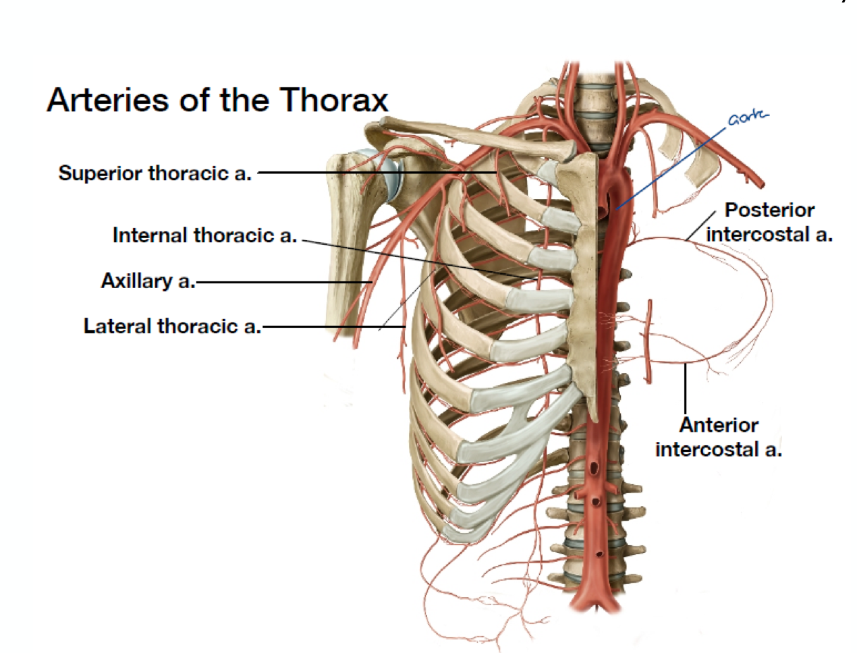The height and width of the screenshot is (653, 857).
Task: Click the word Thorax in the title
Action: coord(334,100)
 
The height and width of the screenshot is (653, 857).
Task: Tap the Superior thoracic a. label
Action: coord(155,173)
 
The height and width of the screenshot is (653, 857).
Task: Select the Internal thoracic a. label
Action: coord(204,235)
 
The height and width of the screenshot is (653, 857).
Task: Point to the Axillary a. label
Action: coord(148,281)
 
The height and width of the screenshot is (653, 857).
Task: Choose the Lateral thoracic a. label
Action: coord(172,326)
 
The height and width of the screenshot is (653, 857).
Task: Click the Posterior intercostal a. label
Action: coord(769,222)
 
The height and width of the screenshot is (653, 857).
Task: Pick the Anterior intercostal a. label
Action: coord(719,437)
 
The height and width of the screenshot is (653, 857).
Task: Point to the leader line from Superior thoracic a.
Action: coord(378,173)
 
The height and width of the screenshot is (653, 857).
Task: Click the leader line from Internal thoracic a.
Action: coord(418,258)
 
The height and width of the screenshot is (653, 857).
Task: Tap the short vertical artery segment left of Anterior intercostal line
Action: coord(648,341)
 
